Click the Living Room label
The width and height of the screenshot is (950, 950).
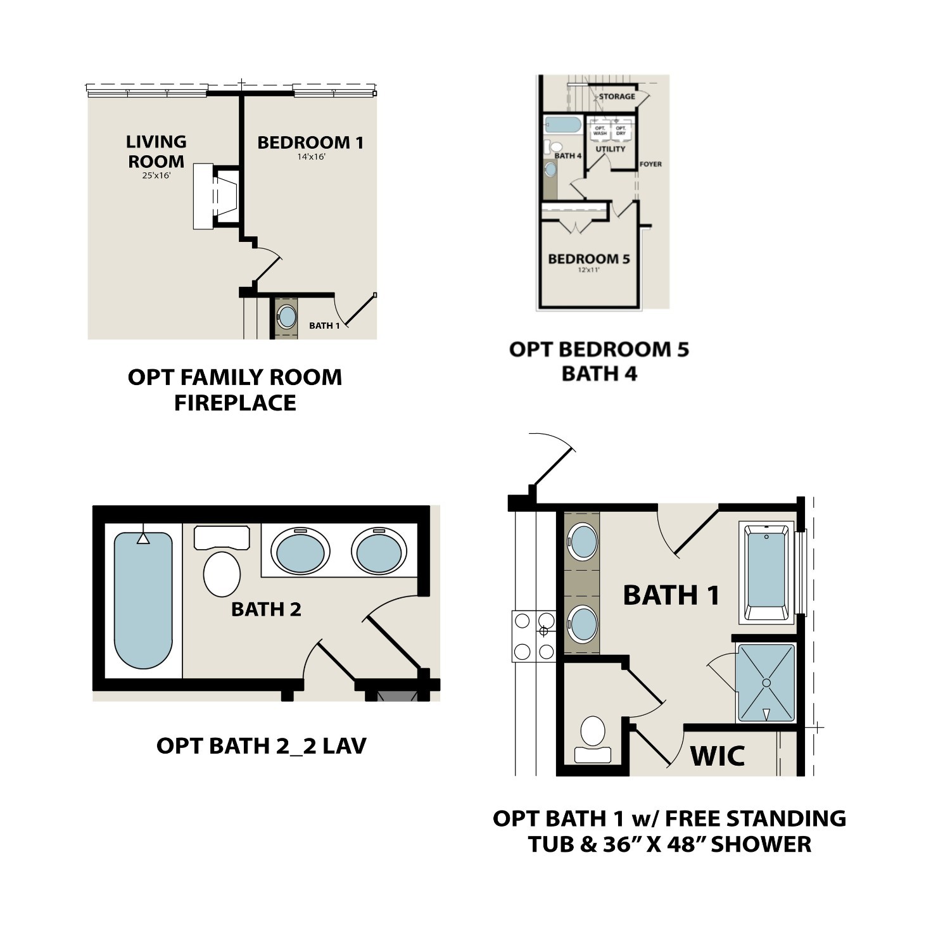156,151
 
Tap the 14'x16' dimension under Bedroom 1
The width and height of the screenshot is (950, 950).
311,156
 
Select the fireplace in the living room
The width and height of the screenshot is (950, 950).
217,196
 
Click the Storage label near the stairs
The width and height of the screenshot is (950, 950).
616,96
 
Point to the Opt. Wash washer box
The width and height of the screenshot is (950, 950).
600,131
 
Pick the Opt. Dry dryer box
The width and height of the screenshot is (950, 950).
621,131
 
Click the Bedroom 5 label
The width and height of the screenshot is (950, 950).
588,259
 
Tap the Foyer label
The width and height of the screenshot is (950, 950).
650,164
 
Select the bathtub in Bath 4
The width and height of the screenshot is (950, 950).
563,124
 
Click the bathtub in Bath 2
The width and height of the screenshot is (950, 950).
143,599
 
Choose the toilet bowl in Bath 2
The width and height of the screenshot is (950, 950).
222,573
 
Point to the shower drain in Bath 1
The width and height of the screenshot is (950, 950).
766,683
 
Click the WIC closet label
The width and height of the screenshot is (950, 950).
717,756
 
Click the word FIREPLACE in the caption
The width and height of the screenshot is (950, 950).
235,403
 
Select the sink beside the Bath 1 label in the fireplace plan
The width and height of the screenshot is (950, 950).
287,317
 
